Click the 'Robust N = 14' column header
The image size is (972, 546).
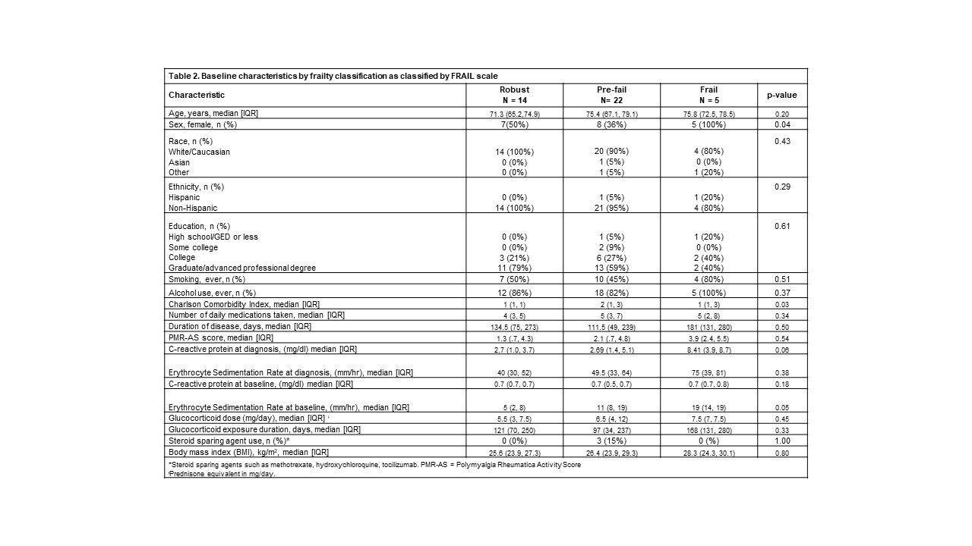[x=514, y=95]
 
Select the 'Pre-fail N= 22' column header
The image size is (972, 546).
[x=611, y=95]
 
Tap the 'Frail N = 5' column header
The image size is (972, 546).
[x=708, y=95]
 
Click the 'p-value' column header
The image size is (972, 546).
[x=781, y=95]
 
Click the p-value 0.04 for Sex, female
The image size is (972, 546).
[x=781, y=124]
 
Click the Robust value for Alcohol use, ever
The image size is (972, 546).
[x=514, y=292]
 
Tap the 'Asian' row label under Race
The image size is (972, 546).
[x=179, y=162]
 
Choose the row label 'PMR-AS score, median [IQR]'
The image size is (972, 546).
[x=220, y=337]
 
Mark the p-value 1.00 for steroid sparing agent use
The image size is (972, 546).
[x=781, y=441]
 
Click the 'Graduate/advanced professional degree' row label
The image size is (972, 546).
[x=241, y=268]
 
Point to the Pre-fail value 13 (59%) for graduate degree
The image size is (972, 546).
[x=611, y=268]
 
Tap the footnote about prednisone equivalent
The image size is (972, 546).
[x=220, y=473]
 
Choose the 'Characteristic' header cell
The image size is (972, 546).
[x=197, y=95]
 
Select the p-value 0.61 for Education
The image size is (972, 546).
[x=781, y=226]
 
